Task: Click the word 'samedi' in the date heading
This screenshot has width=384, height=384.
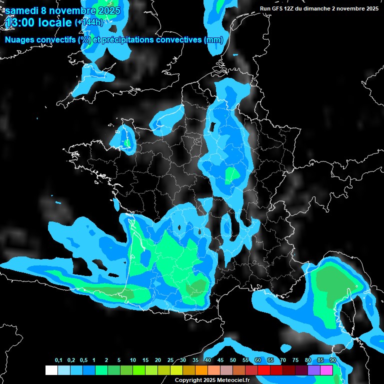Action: point(22,10)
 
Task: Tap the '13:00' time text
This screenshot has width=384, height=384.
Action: point(19,22)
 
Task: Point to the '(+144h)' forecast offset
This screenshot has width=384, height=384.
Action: point(88,22)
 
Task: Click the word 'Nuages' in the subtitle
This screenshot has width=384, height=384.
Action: point(20,40)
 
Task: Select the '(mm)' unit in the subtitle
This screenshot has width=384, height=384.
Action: point(213,40)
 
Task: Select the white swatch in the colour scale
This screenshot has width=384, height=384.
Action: point(51,370)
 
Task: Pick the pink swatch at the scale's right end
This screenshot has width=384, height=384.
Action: point(326,370)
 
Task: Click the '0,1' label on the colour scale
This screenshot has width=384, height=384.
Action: point(58,360)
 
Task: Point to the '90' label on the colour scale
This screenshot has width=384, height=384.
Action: point(332,360)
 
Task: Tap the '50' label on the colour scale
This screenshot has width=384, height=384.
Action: point(233,360)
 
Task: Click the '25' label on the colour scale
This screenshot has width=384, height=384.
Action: point(170,360)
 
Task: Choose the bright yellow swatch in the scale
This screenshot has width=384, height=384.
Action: point(176,370)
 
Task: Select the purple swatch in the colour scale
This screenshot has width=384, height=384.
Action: point(314,370)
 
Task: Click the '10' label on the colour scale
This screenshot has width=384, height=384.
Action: point(133,360)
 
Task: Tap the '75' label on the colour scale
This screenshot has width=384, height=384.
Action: point(295,360)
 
